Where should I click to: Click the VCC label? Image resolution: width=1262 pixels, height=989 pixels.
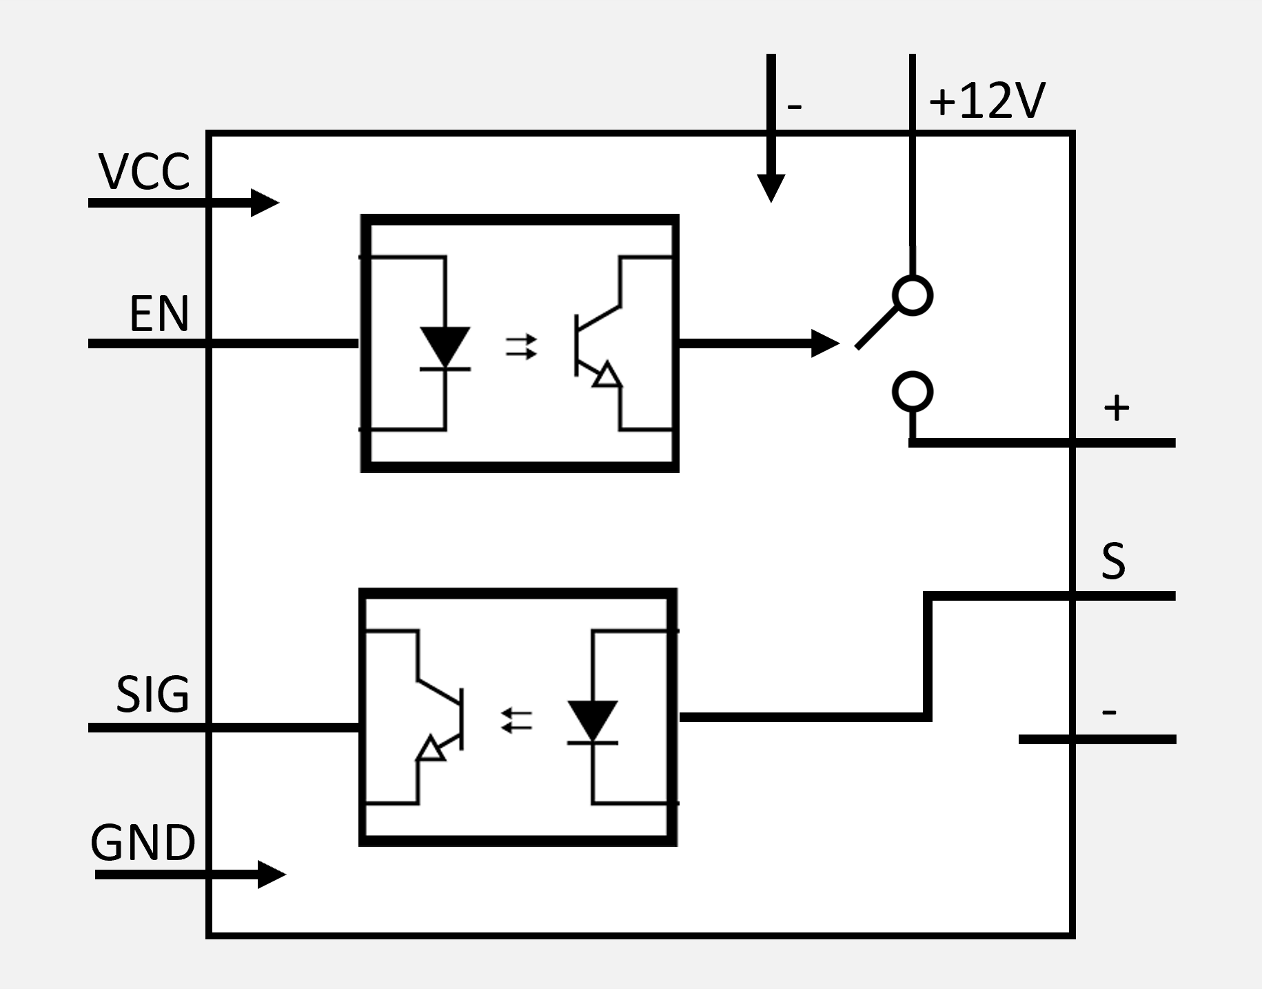coord(145,172)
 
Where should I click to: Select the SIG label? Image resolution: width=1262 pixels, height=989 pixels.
coord(152,694)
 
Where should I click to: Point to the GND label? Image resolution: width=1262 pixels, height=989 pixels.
coord(143,843)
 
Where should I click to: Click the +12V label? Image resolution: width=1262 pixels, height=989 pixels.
coord(987,101)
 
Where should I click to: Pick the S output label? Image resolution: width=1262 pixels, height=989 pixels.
coord(1113,561)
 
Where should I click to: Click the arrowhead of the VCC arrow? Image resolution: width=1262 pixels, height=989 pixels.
coord(265,203)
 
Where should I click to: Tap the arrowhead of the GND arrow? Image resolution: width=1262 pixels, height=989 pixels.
coord(272,875)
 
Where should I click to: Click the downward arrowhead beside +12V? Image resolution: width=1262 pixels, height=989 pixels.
coord(771,188)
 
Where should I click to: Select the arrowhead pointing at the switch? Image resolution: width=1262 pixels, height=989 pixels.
coord(826,343)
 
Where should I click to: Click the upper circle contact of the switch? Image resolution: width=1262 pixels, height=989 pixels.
coord(913,296)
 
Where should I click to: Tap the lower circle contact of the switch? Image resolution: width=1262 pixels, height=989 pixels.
coord(913,392)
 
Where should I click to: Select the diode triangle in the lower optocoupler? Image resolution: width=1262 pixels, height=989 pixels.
coord(592,721)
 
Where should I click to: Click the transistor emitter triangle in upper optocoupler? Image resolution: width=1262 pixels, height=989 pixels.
coord(607,375)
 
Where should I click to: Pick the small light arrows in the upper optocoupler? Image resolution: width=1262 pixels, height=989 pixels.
coord(521,347)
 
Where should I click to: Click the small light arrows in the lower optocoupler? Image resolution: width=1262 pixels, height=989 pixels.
coord(516,721)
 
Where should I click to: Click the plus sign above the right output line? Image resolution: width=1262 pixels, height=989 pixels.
coord(1117,408)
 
